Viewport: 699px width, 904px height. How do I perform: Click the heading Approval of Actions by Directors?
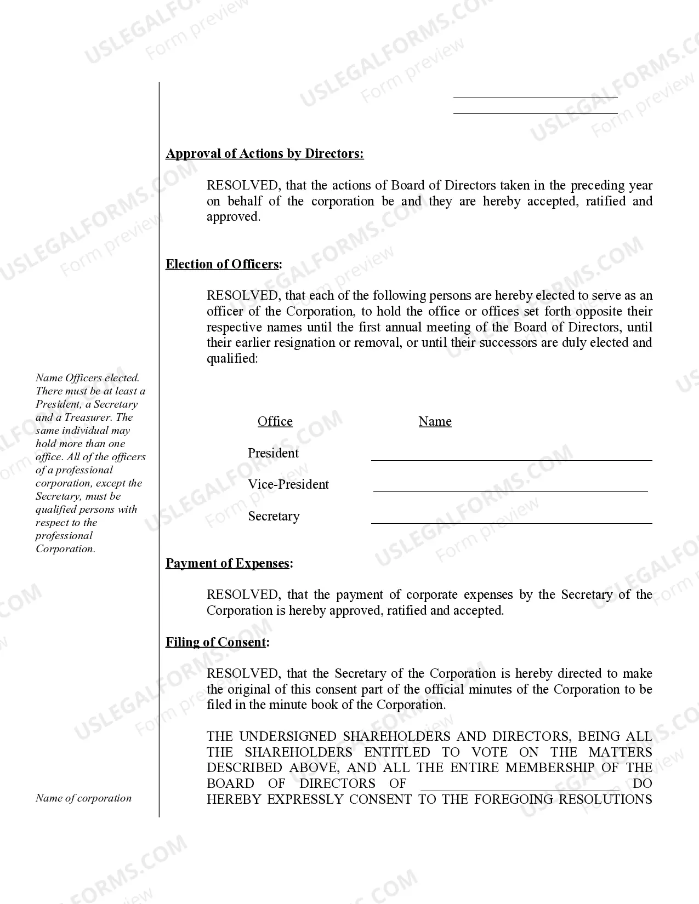point(264,153)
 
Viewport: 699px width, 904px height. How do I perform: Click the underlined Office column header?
point(275,421)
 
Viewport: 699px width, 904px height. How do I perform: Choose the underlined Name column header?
point(435,421)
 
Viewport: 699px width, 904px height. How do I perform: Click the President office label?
point(273,453)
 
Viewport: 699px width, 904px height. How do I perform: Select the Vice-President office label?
point(288,484)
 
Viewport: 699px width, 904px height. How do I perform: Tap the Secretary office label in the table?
point(274,516)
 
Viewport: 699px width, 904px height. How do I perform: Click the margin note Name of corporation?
point(83,798)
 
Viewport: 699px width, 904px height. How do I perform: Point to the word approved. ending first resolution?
point(233,217)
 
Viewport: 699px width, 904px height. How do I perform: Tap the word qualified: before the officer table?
point(232,358)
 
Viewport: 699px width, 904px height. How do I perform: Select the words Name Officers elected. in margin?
point(87,378)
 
